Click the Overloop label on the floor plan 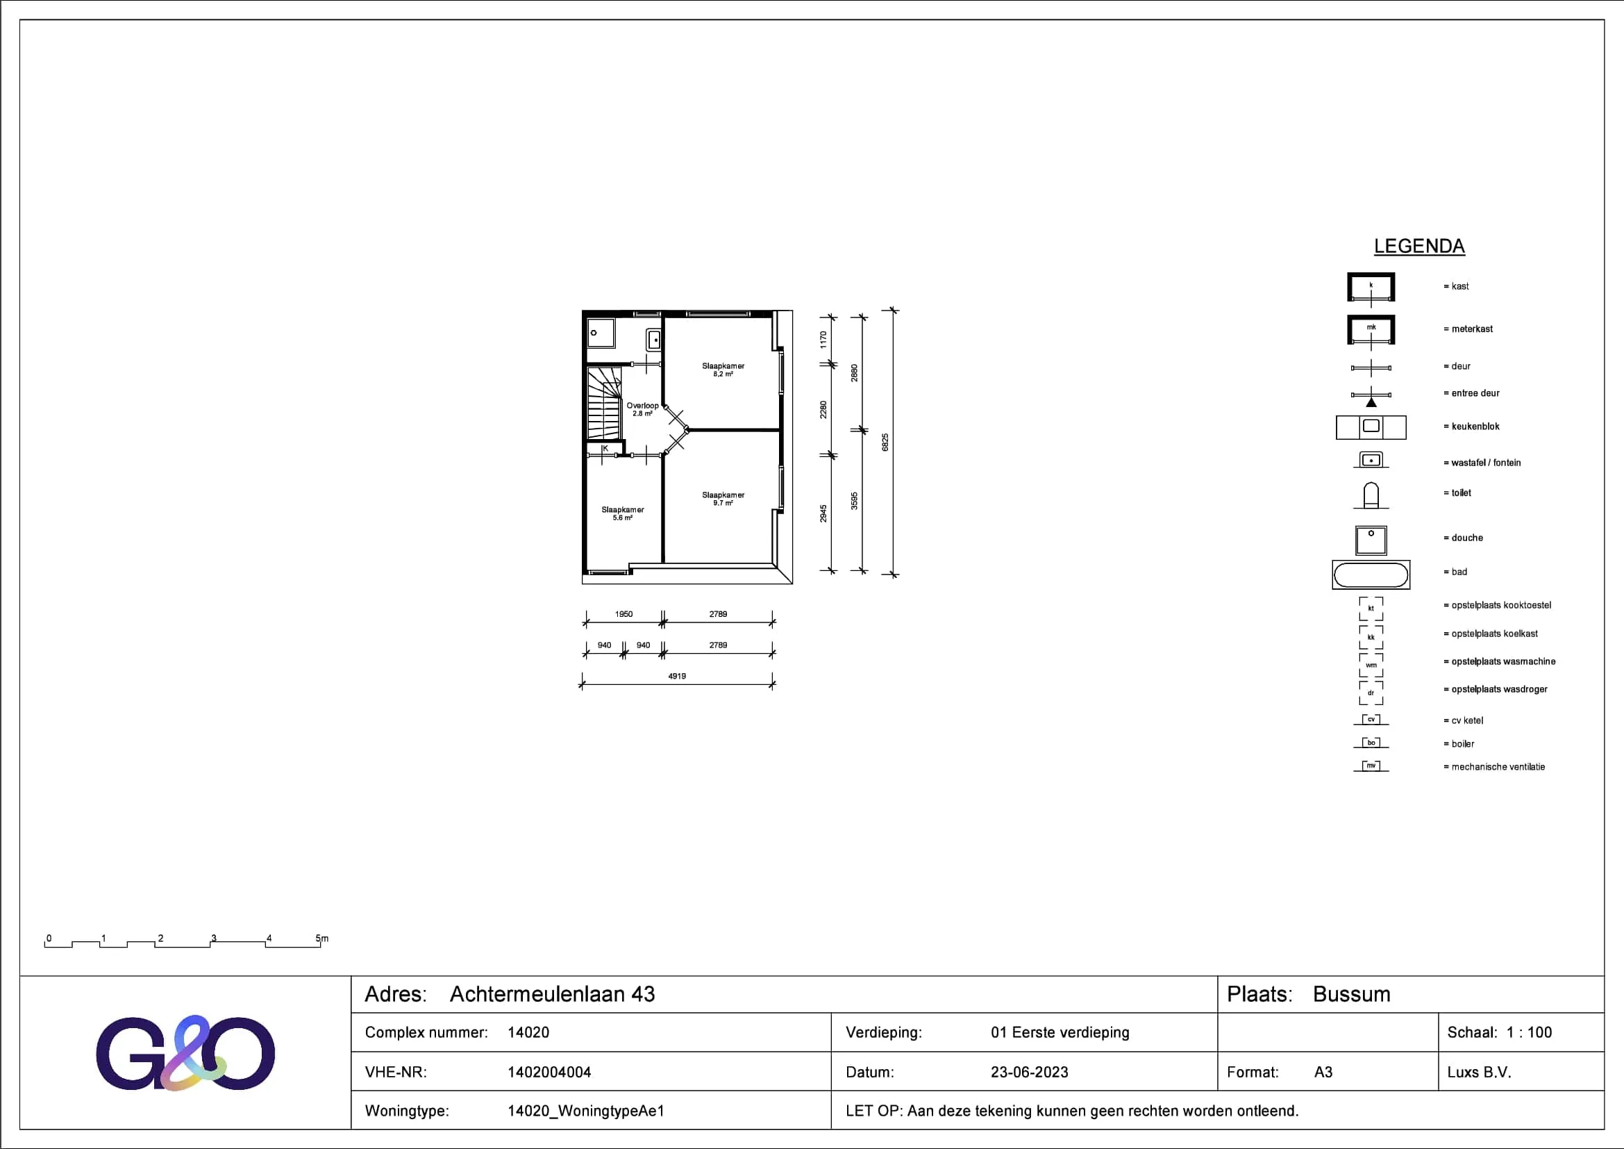(642, 409)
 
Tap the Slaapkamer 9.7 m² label (723, 499)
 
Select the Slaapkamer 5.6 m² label (622, 513)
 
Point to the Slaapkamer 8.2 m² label (723, 370)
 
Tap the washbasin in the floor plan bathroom (653, 340)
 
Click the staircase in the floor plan (605, 403)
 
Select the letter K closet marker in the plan (605, 448)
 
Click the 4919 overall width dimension (677, 677)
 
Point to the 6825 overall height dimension (885, 443)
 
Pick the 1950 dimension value (624, 614)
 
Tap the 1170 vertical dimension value (823, 340)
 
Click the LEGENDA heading (1419, 246)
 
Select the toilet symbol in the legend (1371, 495)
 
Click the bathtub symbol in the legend (1371, 574)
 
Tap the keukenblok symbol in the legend (1371, 427)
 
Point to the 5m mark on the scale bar (322, 939)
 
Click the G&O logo (185, 1052)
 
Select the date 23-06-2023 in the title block (1029, 1072)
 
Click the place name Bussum (1352, 994)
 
